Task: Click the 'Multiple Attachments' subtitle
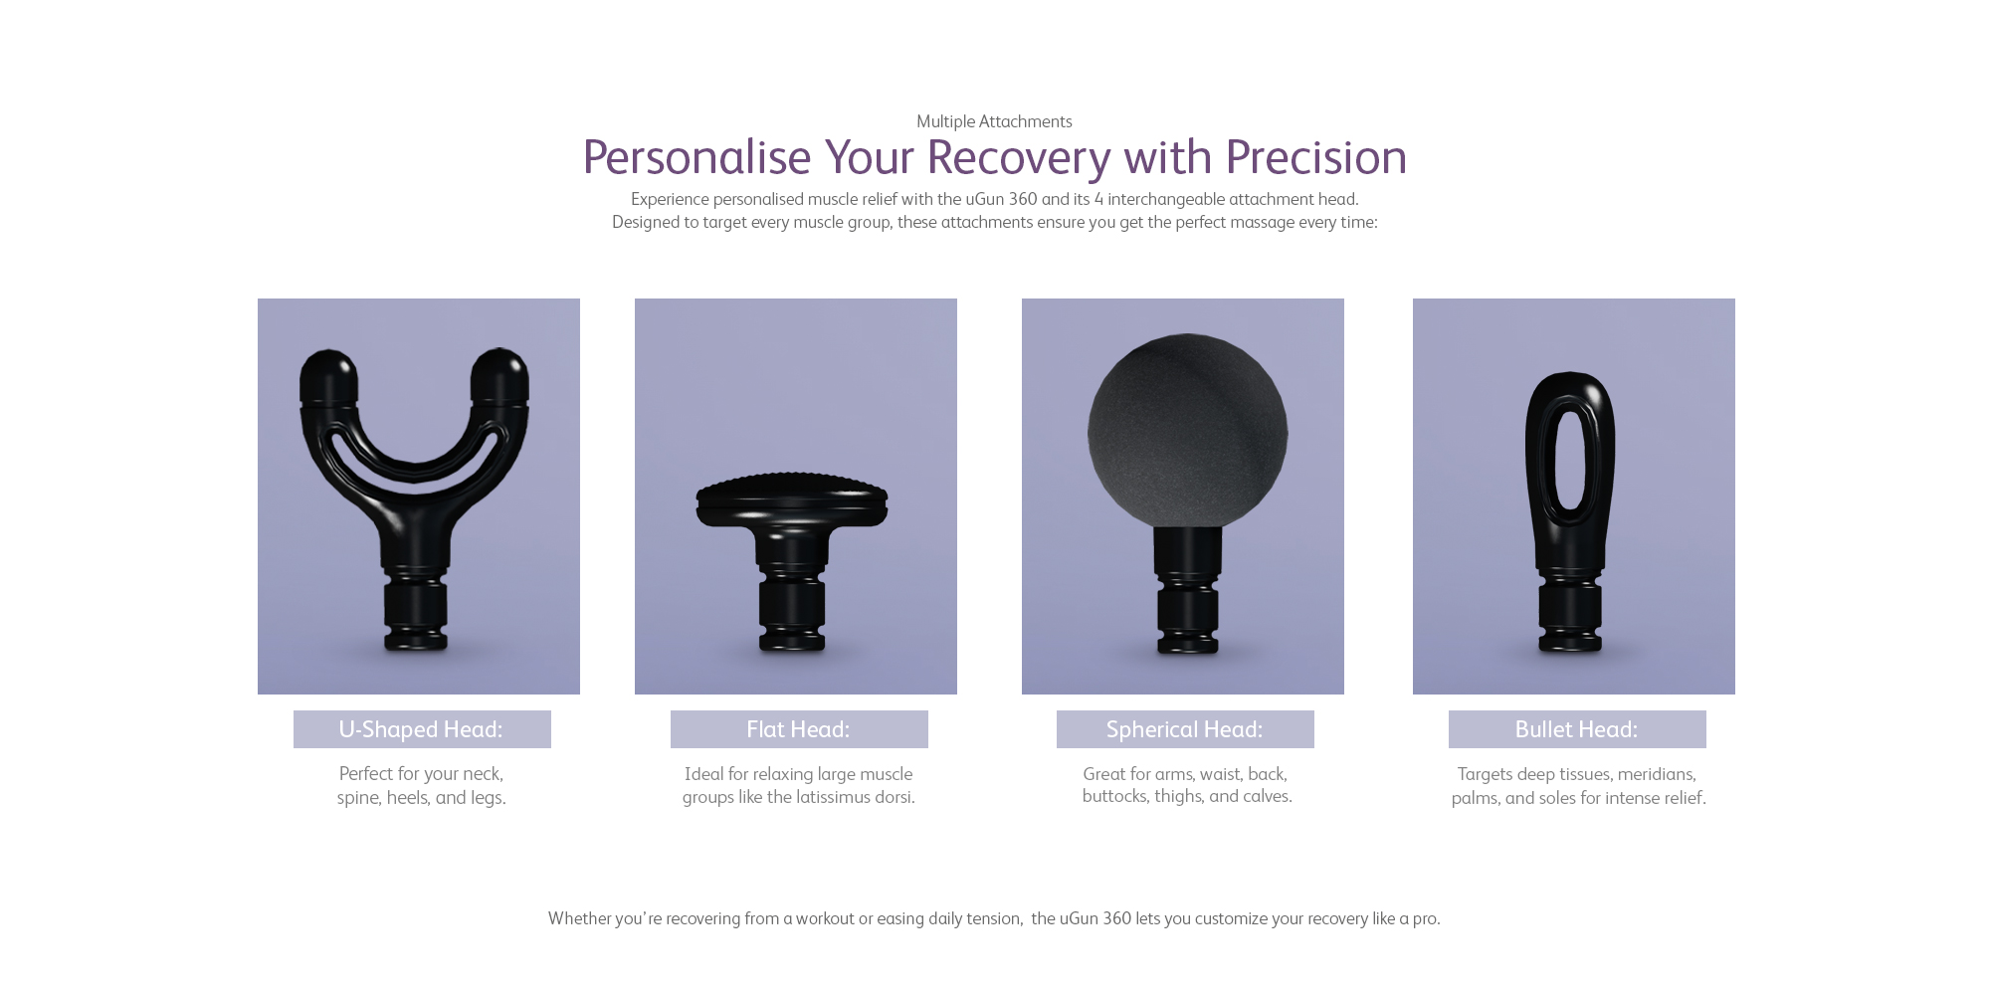pyautogui.click(x=994, y=121)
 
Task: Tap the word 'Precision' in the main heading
pyautogui.click(x=1315, y=157)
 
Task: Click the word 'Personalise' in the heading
pyautogui.click(x=696, y=157)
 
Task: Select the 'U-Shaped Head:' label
pyautogui.click(x=421, y=729)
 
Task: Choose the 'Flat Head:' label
pyautogui.click(x=798, y=729)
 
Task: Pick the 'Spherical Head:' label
pyautogui.click(x=1184, y=729)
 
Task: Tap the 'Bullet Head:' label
pyautogui.click(x=1576, y=729)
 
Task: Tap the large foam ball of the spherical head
pyautogui.click(x=1187, y=431)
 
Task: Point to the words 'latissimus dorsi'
pyautogui.click(x=855, y=797)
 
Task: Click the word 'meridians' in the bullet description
pyautogui.click(x=1657, y=774)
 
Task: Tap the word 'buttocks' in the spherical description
pyautogui.click(x=1115, y=796)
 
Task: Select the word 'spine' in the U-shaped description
pyautogui.click(x=359, y=798)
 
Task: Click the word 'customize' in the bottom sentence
pyautogui.click(x=1231, y=918)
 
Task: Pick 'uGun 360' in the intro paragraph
pyautogui.click(x=1001, y=199)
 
